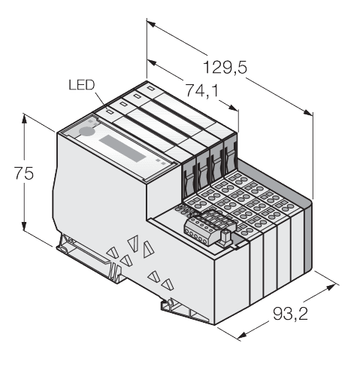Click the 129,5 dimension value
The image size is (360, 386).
coord(225,67)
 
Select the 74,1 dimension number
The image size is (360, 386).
coord(201,90)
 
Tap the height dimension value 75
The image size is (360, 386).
coord(24,173)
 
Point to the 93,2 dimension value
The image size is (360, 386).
coord(290,314)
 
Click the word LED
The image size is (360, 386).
coord(82,85)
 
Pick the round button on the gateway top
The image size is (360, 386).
coord(86,131)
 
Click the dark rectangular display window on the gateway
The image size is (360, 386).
coord(122,148)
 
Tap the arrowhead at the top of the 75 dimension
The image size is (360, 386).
coord(24,119)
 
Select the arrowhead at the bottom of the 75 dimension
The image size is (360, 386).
coord(24,225)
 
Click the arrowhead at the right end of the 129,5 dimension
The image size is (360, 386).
coord(308,113)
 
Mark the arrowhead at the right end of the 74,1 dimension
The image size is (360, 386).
coord(233,108)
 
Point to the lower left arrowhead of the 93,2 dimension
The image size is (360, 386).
coord(242,336)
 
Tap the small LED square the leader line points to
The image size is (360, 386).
coord(110,111)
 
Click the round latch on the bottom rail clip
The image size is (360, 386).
coord(170,302)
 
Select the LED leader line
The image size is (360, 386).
coord(100,100)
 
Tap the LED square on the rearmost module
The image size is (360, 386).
coord(150,88)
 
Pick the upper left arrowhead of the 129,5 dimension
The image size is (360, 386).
coord(152,25)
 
